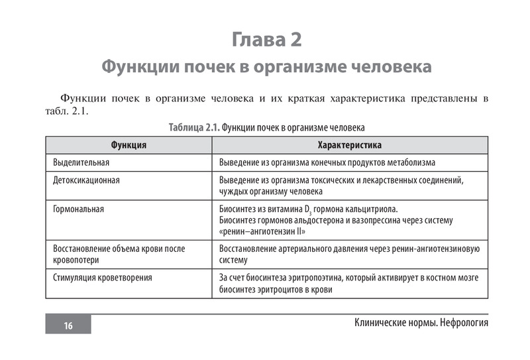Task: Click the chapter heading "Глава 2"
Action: [x=266, y=40]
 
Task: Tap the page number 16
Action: [x=68, y=325]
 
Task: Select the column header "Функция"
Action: [x=129, y=145]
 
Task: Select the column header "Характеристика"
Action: [x=350, y=145]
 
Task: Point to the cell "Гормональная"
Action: [x=79, y=210]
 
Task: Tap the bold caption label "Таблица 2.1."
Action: [x=194, y=127]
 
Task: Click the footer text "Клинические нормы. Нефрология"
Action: [x=421, y=323]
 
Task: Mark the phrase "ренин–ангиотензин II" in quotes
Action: [x=262, y=231]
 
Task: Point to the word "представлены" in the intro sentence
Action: [x=437, y=99]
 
